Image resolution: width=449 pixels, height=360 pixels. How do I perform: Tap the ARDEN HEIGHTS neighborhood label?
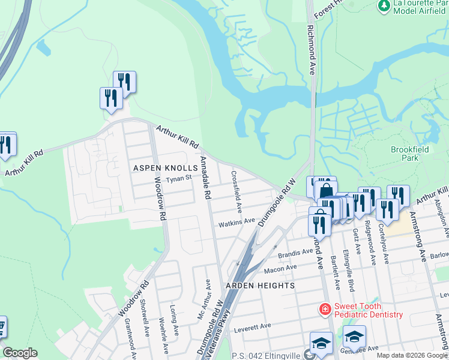click(260, 286)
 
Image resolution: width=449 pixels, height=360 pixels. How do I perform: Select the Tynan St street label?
click(178, 178)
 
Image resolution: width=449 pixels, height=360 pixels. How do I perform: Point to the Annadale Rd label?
click(205, 178)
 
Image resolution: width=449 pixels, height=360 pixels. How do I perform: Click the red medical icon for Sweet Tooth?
click(324, 309)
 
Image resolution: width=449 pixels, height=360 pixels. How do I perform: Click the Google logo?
click(20, 353)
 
